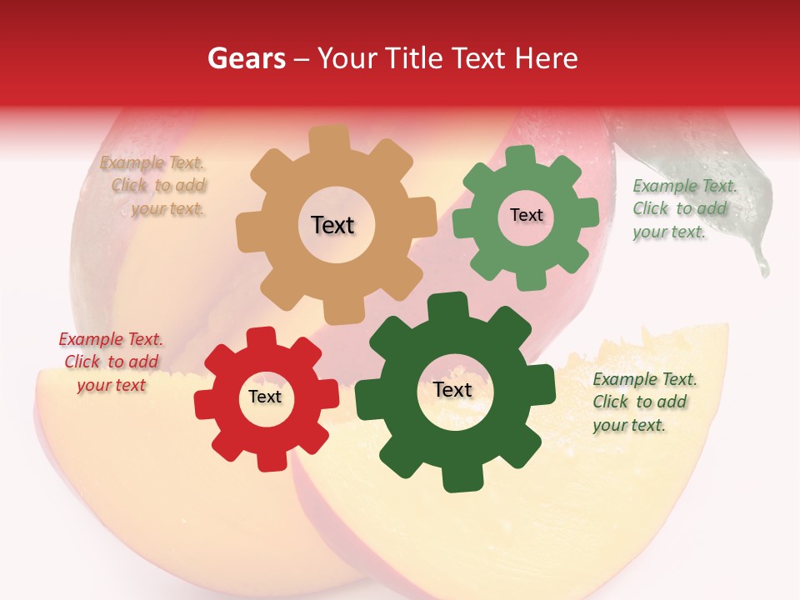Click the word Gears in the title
click(246, 58)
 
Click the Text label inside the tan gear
click(332, 225)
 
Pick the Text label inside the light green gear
click(526, 215)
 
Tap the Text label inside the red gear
click(265, 397)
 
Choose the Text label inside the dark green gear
click(452, 390)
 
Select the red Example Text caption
click(111, 362)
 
